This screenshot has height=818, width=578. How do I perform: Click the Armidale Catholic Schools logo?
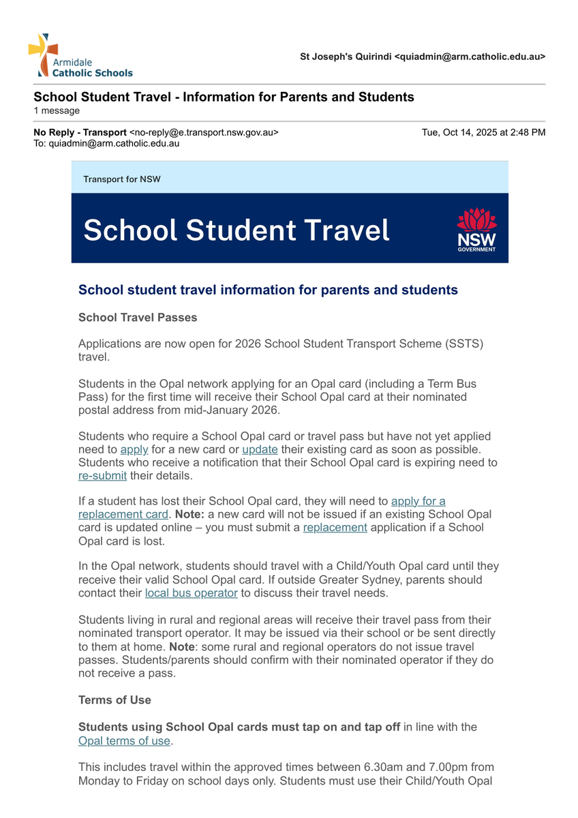(x=80, y=56)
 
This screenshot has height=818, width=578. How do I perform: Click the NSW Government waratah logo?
(x=476, y=229)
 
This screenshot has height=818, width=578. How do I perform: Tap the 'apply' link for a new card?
(x=134, y=450)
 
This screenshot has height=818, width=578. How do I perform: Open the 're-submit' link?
(x=102, y=476)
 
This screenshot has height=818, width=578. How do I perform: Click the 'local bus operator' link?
(x=191, y=593)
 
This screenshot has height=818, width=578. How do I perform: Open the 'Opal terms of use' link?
(x=124, y=741)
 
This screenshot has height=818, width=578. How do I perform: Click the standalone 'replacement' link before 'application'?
(x=335, y=528)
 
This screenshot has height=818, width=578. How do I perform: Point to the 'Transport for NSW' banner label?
(x=122, y=179)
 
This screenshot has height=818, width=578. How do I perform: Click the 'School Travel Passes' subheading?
(x=138, y=318)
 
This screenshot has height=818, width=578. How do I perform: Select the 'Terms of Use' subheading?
(x=115, y=700)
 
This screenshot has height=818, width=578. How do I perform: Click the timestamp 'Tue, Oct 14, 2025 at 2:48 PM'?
(x=483, y=132)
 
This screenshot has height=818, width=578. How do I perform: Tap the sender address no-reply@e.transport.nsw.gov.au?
(x=204, y=132)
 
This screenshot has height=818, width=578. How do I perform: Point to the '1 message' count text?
(x=57, y=110)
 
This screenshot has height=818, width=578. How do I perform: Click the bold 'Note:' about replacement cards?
(x=190, y=514)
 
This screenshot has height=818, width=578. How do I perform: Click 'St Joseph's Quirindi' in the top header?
(x=346, y=57)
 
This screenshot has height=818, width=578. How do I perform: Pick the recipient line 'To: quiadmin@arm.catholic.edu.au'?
(x=106, y=144)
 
